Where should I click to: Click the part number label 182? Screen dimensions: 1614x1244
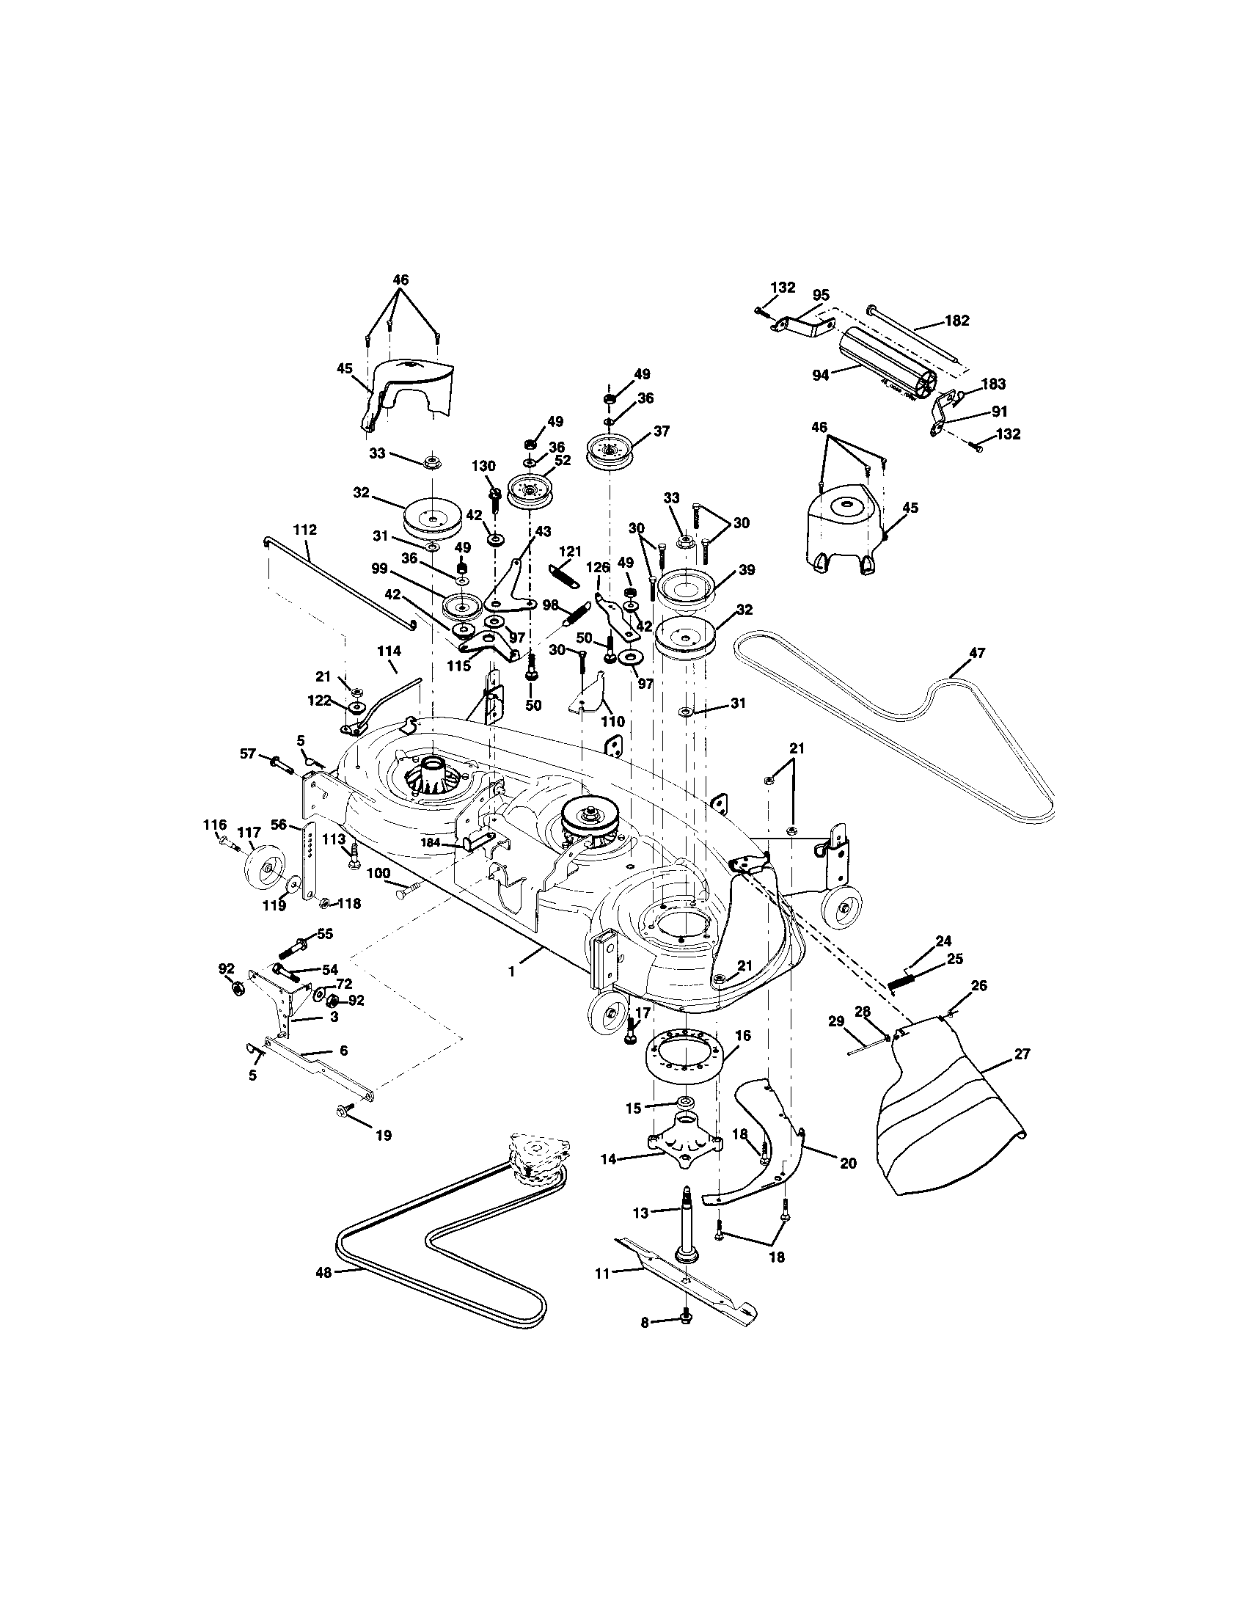coord(956,321)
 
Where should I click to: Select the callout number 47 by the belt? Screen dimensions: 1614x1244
coord(976,652)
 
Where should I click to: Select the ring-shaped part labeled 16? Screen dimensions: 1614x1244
coord(684,1059)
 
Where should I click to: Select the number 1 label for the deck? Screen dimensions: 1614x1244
coord(510,972)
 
